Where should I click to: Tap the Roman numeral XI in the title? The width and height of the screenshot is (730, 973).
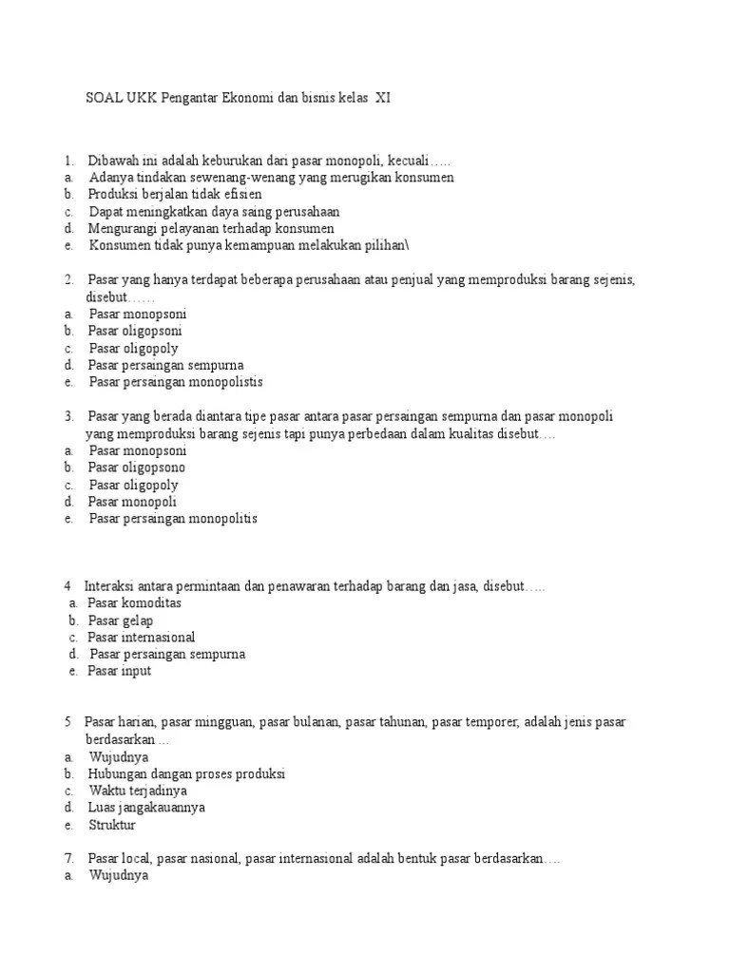point(382,98)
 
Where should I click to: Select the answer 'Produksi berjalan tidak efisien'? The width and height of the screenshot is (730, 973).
point(175,194)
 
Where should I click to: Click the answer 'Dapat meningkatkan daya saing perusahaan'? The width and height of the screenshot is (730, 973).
point(214,211)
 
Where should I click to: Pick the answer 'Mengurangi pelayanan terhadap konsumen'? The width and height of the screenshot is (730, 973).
point(211,228)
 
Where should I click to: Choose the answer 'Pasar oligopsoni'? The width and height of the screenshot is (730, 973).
point(135,331)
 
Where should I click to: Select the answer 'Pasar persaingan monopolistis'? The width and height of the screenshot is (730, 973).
point(176,382)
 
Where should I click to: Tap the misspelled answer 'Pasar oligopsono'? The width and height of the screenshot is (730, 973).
point(137,467)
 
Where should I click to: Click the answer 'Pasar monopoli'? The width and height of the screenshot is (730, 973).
point(132,502)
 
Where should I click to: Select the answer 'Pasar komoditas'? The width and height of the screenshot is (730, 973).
point(134,602)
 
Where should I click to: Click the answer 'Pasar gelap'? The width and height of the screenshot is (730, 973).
point(121,620)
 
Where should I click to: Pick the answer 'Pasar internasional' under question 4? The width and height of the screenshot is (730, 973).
point(142,637)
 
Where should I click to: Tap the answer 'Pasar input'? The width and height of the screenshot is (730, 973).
point(119,671)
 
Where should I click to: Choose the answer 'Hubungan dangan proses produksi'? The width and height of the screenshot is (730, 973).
point(186,773)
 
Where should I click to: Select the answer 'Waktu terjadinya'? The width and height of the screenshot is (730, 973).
point(138,791)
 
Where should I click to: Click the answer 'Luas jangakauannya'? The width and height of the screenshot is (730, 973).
point(146,808)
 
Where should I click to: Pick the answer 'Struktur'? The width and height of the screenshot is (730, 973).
point(112,825)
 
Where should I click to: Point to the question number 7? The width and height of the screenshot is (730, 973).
point(68,859)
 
